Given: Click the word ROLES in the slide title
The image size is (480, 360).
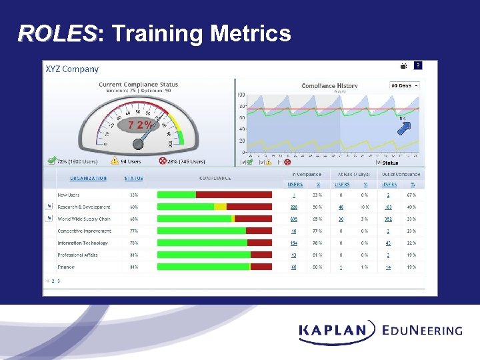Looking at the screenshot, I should pyautogui.click(x=57, y=33).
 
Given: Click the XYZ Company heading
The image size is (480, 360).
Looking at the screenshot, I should pyautogui.click(x=71, y=69).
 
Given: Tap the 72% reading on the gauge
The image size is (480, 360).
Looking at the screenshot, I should pyautogui.click(x=140, y=125).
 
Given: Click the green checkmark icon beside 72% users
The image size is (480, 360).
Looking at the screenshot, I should pyautogui.click(x=51, y=161).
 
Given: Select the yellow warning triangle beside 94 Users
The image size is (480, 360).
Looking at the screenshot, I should pyautogui.click(x=114, y=161).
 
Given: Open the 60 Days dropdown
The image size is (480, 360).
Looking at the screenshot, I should pyautogui.click(x=405, y=85).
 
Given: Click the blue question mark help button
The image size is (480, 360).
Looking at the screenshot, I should pyautogui.click(x=417, y=65).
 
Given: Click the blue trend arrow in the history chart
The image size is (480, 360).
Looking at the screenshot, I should pyautogui.click(x=404, y=128).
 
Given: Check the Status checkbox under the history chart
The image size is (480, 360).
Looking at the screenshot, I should pyautogui.click(x=378, y=162).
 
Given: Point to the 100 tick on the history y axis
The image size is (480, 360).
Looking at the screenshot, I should pyautogui.click(x=241, y=95).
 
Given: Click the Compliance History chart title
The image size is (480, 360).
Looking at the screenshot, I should pyautogui.click(x=329, y=85).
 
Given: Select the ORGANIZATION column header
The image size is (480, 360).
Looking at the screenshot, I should pyautogui.click(x=88, y=178).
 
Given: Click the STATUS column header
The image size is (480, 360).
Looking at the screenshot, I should pyautogui.click(x=133, y=178).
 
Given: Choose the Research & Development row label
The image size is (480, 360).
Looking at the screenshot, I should pyautogui.click(x=84, y=207).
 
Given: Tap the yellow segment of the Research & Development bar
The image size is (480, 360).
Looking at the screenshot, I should pyautogui.click(x=220, y=207).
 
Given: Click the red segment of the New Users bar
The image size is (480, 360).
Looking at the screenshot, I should pyautogui.click(x=233, y=195).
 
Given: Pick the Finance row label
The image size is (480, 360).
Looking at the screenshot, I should pyautogui.click(x=66, y=267).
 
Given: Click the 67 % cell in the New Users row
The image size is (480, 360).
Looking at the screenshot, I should pyautogui.click(x=411, y=195).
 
